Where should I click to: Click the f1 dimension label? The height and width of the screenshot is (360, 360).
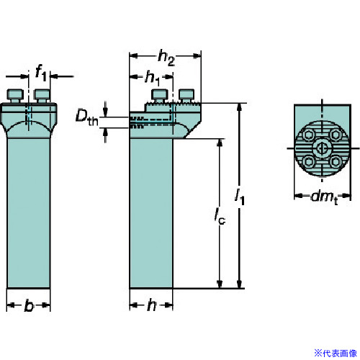click(x=41, y=73)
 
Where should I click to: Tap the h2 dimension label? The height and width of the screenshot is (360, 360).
click(x=166, y=58)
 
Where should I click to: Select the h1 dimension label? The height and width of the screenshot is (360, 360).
click(x=153, y=78)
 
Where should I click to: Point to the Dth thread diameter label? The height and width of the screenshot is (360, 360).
click(x=86, y=117)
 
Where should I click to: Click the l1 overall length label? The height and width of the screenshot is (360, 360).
click(x=240, y=197)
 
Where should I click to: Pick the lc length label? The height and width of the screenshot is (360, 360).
click(x=220, y=216)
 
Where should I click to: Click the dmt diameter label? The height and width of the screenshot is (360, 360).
click(x=324, y=197)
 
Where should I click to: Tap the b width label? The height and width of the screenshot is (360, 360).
click(x=29, y=305)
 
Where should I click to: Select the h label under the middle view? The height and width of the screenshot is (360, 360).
click(x=152, y=305)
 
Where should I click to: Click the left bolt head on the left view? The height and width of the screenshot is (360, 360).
click(x=15, y=96)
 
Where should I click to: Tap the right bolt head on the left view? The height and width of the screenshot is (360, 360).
click(x=42, y=96)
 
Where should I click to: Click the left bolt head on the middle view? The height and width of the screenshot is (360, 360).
click(x=159, y=96)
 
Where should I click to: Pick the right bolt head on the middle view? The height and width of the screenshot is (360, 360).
click(x=186, y=96)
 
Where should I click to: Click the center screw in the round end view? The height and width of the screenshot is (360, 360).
click(x=322, y=148)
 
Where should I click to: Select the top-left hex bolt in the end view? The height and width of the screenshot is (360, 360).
click(x=308, y=135)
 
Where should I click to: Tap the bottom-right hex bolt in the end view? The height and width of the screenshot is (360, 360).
click(x=336, y=162)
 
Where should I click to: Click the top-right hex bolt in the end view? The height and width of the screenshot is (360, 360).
click(x=336, y=135)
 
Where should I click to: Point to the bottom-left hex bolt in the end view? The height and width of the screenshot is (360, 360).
click(x=308, y=162)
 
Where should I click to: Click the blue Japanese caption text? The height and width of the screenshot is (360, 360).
click(x=336, y=353)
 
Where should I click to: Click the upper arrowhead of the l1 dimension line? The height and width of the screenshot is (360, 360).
click(x=239, y=107)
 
